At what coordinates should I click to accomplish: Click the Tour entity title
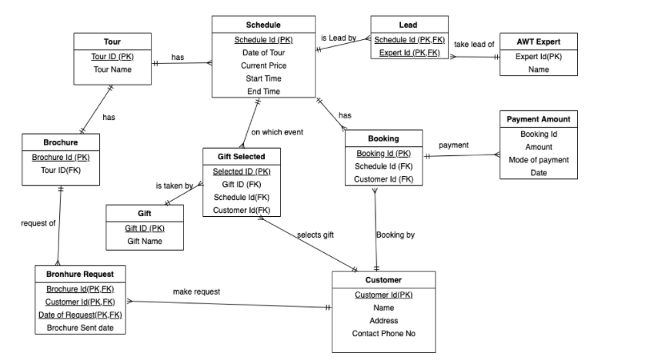112,41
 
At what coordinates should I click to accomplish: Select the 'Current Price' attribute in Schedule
263,65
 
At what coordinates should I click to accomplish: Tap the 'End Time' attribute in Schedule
263,92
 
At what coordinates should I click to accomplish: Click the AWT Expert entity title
538,41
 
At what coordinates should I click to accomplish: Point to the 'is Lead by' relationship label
338,38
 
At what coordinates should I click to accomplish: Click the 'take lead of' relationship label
474,45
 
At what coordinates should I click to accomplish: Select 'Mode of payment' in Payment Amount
539,160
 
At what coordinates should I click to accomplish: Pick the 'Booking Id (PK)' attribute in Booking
383,153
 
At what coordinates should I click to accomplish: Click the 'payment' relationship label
453,145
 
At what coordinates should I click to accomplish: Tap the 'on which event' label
277,132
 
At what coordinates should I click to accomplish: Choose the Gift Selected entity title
241,156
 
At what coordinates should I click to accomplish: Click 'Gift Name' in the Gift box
145,242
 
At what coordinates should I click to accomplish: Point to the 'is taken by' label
174,186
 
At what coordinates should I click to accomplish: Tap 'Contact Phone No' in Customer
383,334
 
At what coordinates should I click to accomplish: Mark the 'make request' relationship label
196,292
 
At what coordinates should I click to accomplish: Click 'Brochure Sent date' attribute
80,328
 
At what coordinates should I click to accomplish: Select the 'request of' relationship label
38,223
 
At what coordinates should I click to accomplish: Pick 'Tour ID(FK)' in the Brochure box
61,170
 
